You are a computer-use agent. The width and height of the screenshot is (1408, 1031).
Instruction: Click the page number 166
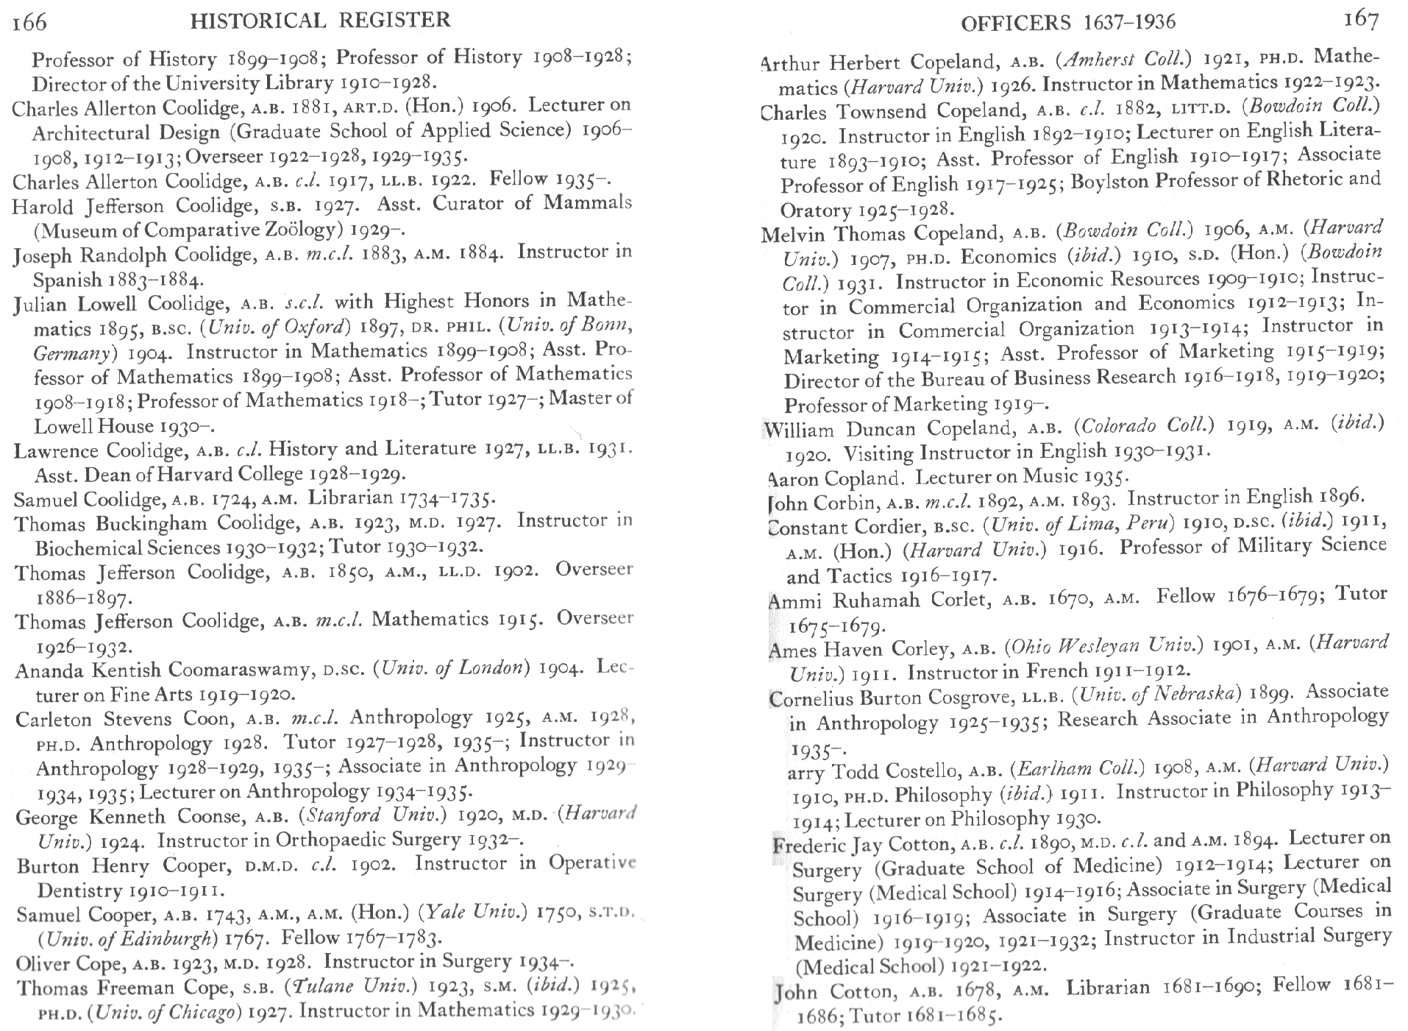30,22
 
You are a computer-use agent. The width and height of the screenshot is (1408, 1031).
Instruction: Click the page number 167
1360,20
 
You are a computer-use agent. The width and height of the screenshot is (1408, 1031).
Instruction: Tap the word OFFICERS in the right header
1015,23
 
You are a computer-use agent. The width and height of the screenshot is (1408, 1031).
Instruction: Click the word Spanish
68,280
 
